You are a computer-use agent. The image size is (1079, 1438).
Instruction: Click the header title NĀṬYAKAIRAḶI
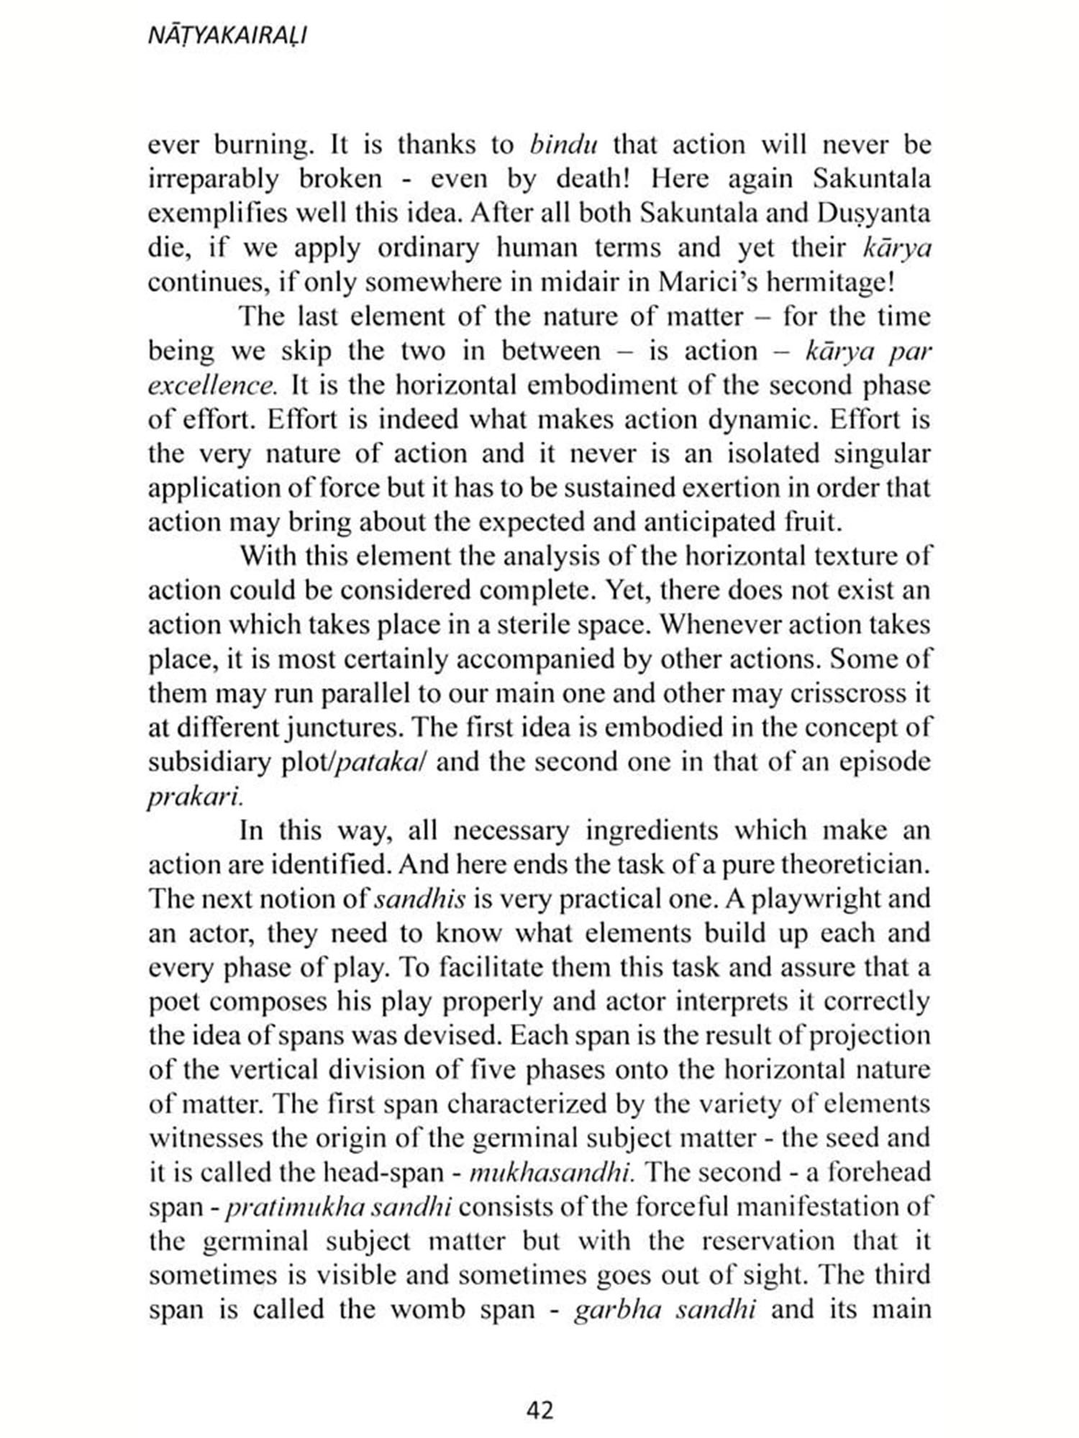point(227,36)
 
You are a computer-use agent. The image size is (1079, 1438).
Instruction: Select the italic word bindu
point(564,145)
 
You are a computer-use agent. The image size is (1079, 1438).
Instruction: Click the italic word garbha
point(618,1310)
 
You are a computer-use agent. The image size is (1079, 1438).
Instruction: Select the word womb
point(427,1310)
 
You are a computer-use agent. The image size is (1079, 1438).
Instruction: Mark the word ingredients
point(651,830)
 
